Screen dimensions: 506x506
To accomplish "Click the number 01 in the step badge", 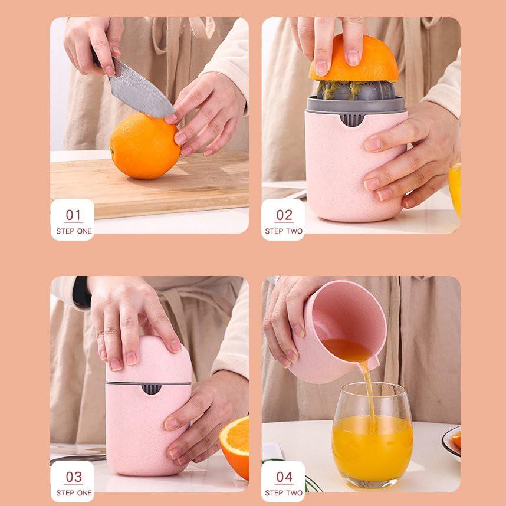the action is click(73, 215).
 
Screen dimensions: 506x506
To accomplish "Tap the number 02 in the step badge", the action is click(284, 215).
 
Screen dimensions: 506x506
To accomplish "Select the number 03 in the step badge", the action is click(74, 477).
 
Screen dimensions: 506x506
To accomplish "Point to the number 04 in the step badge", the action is click(284, 477).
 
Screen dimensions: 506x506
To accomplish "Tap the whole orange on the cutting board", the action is click(145, 146).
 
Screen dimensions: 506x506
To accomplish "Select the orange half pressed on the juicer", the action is click(354, 58).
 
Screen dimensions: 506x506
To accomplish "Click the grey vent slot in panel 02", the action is click(352, 119).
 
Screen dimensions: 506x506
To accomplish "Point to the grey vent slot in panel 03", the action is click(151, 389).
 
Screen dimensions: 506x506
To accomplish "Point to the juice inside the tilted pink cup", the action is click(347, 349).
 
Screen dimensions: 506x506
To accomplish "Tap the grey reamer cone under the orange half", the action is click(355, 90).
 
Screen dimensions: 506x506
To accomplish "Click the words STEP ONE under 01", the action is click(74, 231).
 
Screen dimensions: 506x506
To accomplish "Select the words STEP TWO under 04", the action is click(284, 493).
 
